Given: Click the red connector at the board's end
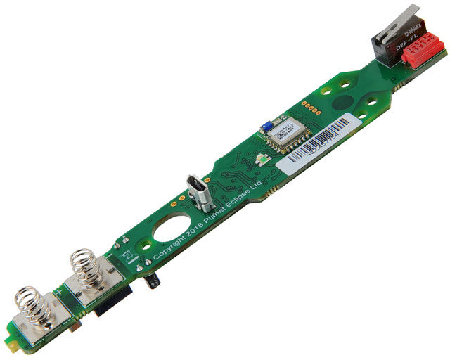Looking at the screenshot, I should (x=423, y=50).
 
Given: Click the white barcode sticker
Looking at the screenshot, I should (x=315, y=143).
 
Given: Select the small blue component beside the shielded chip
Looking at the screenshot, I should (x=267, y=126).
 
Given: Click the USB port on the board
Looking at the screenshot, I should (x=199, y=193).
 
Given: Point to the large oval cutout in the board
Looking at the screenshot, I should (x=173, y=229).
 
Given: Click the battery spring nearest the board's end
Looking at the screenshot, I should (x=34, y=307).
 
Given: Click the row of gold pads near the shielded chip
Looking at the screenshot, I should (x=310, y=106).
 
